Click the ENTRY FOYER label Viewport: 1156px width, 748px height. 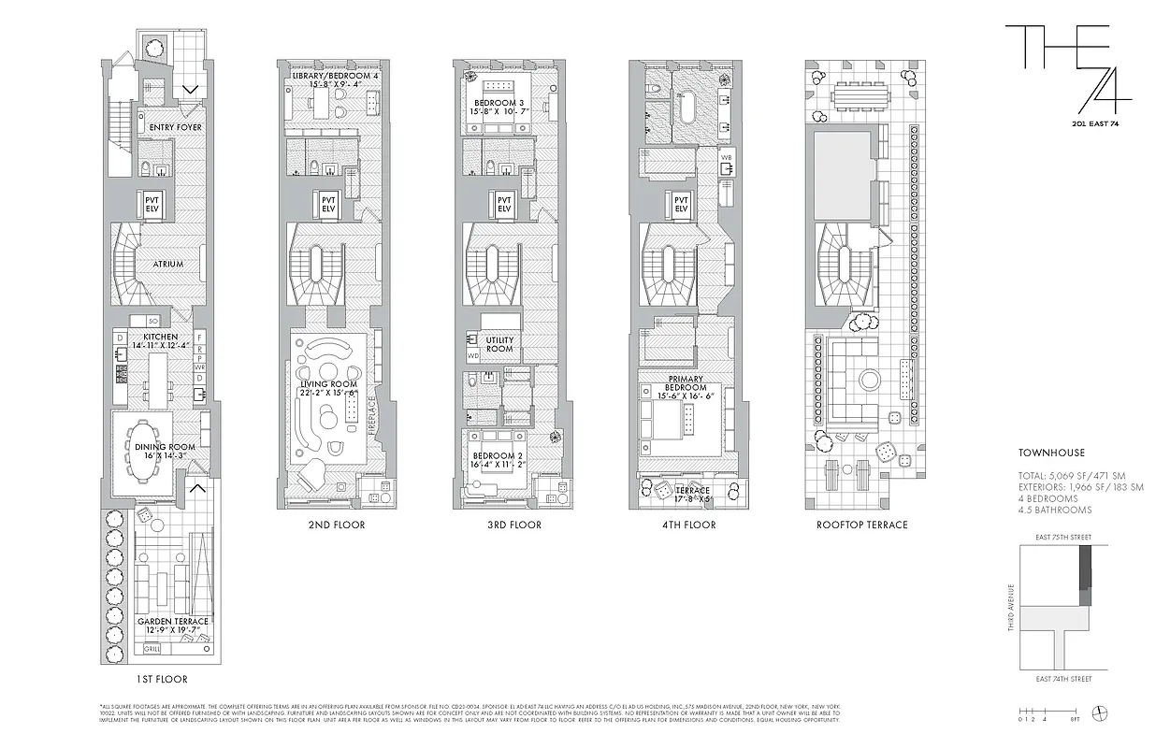[x=169, y=127]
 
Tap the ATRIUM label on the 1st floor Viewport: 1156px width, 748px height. [x=168, y=265]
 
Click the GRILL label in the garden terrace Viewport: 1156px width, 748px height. [x=152, y=648]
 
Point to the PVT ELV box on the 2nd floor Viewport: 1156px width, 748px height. [x=327, y=204]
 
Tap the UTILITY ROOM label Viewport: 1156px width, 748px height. [x=499, y=344]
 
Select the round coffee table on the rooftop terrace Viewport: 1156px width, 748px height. [x=868, y=381]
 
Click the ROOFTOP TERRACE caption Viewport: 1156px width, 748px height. [x=862, y=525]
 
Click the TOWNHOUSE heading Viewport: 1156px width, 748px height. [x=1051, y=453]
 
